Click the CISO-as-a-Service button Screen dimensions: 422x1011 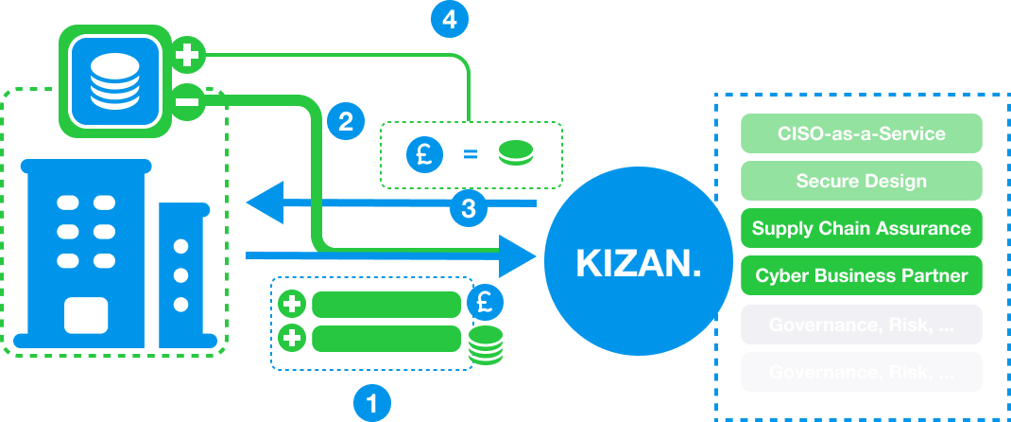pos(862,132)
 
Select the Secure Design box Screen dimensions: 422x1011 pos(862,180)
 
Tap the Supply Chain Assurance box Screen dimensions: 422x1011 pos(862,227)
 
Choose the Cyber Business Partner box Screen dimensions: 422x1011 pos(862,275)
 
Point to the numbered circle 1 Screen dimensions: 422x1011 pos(371,403)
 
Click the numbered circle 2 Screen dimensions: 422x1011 pos(345,120)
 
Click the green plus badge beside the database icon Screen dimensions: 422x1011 pos(189,55)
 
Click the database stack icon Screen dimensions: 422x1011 pos(112,76)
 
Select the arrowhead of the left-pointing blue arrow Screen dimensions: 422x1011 pos(266,202)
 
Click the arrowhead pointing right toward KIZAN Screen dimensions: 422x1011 pos(514,255)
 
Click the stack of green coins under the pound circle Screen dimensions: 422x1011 pos(486,345)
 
